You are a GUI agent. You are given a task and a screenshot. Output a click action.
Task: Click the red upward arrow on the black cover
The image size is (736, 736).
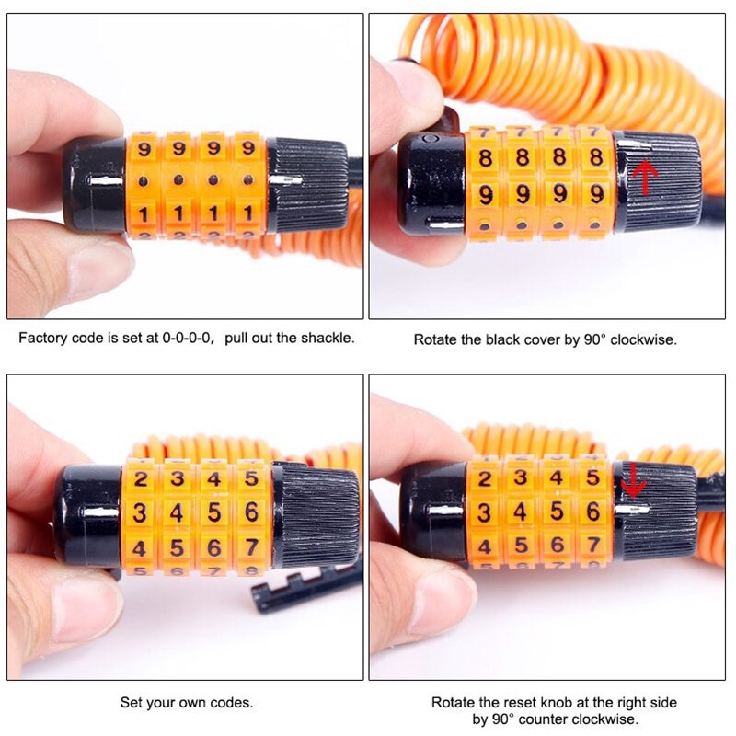pyautogui.click(x=647, y=177)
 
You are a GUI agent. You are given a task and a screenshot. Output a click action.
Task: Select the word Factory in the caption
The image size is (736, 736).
pyautogui.click(x=42, y=338)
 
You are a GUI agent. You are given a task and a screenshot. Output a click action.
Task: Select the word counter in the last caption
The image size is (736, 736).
pyautogui.click(x=550, y=719)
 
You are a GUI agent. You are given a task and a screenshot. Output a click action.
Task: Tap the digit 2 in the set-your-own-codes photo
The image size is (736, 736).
pyautogui.click(x=141, y=479)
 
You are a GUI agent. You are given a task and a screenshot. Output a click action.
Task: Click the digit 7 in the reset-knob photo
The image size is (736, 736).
pyautogui.click(x=593, y=545)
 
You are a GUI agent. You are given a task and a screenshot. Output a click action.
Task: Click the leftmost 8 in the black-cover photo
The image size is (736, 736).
pyautogui.click(x=485, y=157)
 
